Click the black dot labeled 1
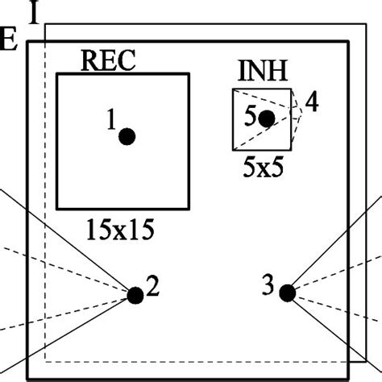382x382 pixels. pos(127,136)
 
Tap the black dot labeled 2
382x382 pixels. pos(135,295)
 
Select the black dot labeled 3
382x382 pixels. pos(286,293)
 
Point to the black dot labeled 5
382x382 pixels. pos(267,119)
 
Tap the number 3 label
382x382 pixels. pos(269,284)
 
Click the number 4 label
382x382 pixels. pos(311,103)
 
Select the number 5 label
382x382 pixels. pos(251,116)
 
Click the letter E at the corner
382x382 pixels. pos(10,42)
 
